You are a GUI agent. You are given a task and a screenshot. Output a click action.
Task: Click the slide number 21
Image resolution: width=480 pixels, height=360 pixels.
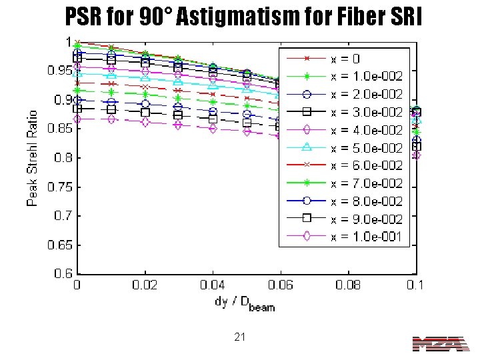click(240, 338)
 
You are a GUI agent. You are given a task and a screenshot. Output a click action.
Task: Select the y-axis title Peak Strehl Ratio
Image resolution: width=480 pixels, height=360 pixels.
click(33, 157)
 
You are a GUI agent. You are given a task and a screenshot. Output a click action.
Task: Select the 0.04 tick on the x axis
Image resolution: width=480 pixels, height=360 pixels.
click(213, 285)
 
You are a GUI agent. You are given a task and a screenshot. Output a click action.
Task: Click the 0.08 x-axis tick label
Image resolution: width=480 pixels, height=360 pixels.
click(349, 285)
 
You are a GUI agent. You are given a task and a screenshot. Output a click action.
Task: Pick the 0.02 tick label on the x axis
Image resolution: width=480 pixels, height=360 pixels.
click(145, 285)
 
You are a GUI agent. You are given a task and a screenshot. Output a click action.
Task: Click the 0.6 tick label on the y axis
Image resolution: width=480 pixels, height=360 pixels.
click(64, 273)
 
